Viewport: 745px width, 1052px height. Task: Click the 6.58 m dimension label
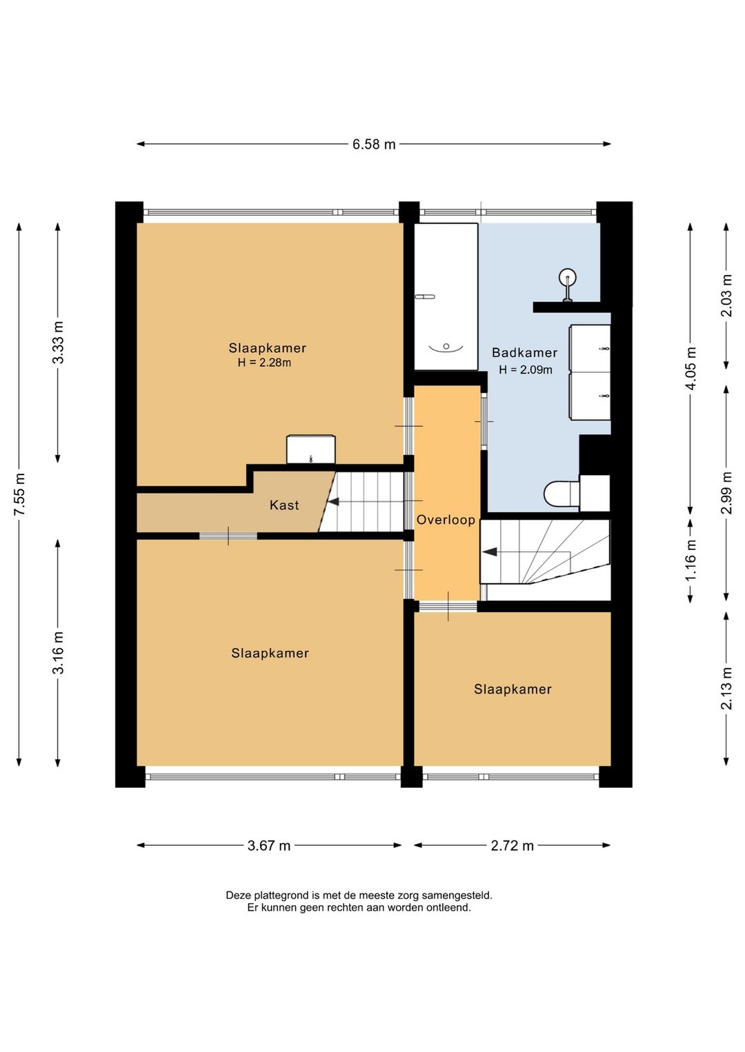coord(374,144)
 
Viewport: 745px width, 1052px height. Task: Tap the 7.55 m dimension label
coord(20,494)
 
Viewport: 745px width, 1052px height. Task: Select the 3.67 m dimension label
coord(269,846)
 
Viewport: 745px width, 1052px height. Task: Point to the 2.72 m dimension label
coord(513,846)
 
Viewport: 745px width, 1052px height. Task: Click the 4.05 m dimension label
coord(691,368)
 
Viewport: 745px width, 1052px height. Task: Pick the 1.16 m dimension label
coord(691,560)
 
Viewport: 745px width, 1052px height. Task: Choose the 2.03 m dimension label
coord(726,296)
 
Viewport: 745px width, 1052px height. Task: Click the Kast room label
coord(284,505)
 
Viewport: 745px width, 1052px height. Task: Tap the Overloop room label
coord(446,520)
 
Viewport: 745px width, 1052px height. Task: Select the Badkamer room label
coord(524,352)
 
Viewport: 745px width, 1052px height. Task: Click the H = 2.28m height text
coord(264,363)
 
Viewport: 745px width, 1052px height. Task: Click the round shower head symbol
coord(568,277)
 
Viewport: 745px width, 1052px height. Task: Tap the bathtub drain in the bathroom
coord(446,347)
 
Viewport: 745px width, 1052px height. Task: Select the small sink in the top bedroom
coord(310,449)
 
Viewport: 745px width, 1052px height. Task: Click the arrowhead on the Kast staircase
coord(333,502)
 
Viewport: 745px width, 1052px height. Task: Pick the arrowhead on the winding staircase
coord(490,552)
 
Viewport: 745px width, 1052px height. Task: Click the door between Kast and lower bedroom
coord(228,536)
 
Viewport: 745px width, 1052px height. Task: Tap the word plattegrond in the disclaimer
coord(270,895)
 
